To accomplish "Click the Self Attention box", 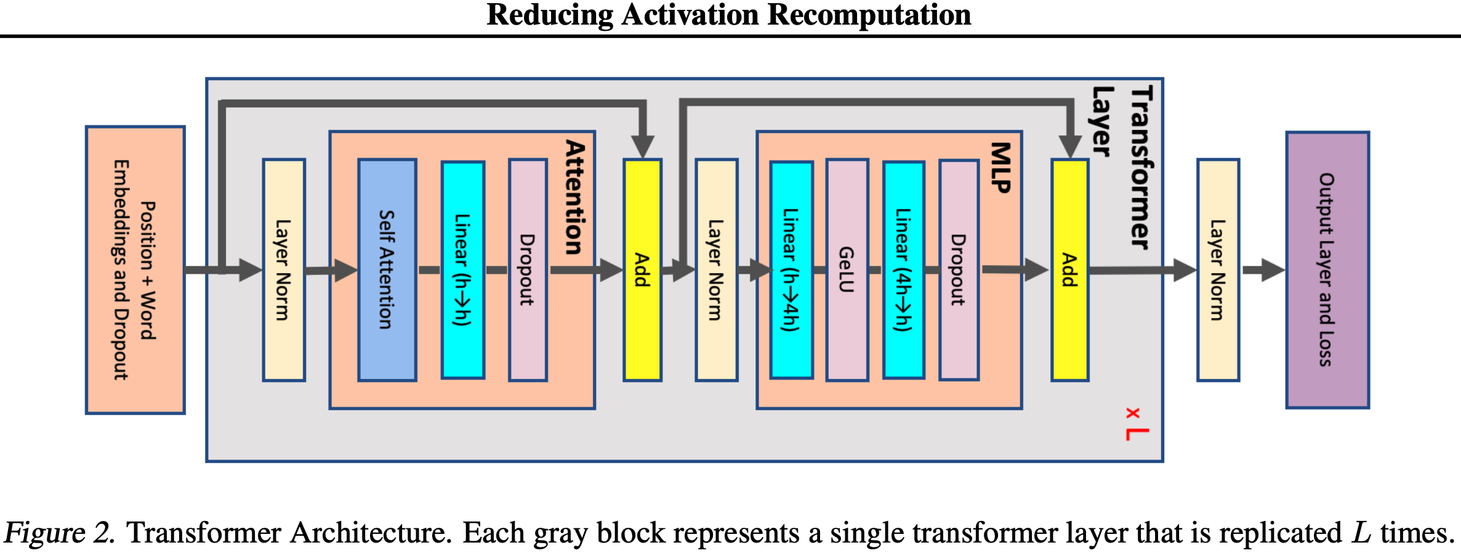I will click(387, 269).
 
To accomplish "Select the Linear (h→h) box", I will click(463, 269).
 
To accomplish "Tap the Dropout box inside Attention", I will click(528, 269).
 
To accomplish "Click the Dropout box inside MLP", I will click(959, 269).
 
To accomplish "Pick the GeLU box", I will click(847, 269).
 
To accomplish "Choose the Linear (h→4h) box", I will click(791, 269).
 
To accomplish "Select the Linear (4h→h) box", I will click(904, 269).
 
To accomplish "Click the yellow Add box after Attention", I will click(642, 269).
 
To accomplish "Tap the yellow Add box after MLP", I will click(1069, 269).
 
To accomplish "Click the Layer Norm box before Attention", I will click(284, 269).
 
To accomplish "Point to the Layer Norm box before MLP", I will click(716, 269).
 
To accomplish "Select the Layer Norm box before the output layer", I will click(1218, 269).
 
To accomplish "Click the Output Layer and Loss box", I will click(1327, 269).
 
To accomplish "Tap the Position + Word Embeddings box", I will click(135, 269).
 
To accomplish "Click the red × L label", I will click(1137, 424).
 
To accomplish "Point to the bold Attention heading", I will click(575, 197).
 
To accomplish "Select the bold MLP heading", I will click(1001, 167).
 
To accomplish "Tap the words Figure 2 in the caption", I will click(59, 533).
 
